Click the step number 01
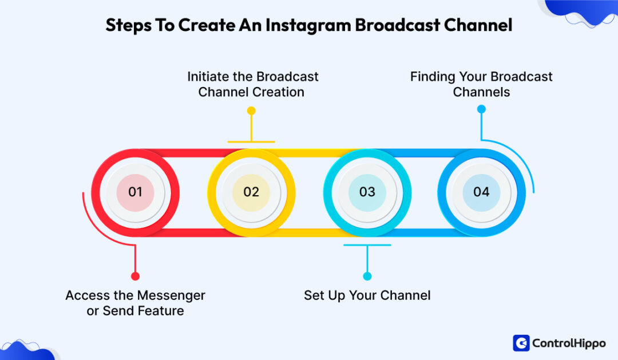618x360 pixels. tap(135, 192)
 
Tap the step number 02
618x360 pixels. tap(251, 192)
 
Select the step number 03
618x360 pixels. tap(367, 192)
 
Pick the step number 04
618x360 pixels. tap(481, 192)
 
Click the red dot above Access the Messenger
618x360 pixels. tap(135, 276)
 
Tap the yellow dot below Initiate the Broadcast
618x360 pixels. tap(251, 109)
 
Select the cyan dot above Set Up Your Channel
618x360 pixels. tap(367, 276)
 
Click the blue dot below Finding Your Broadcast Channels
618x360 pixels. tap(481, 109)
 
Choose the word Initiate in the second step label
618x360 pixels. tap(209, 77)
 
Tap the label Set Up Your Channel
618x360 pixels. tap(367, 295)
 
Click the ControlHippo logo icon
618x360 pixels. tap(521, 343)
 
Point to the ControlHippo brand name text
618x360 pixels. tap(568, 343)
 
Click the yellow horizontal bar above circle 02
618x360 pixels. tap(251, 141)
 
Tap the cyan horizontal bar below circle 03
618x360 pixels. tap(367, 245)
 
